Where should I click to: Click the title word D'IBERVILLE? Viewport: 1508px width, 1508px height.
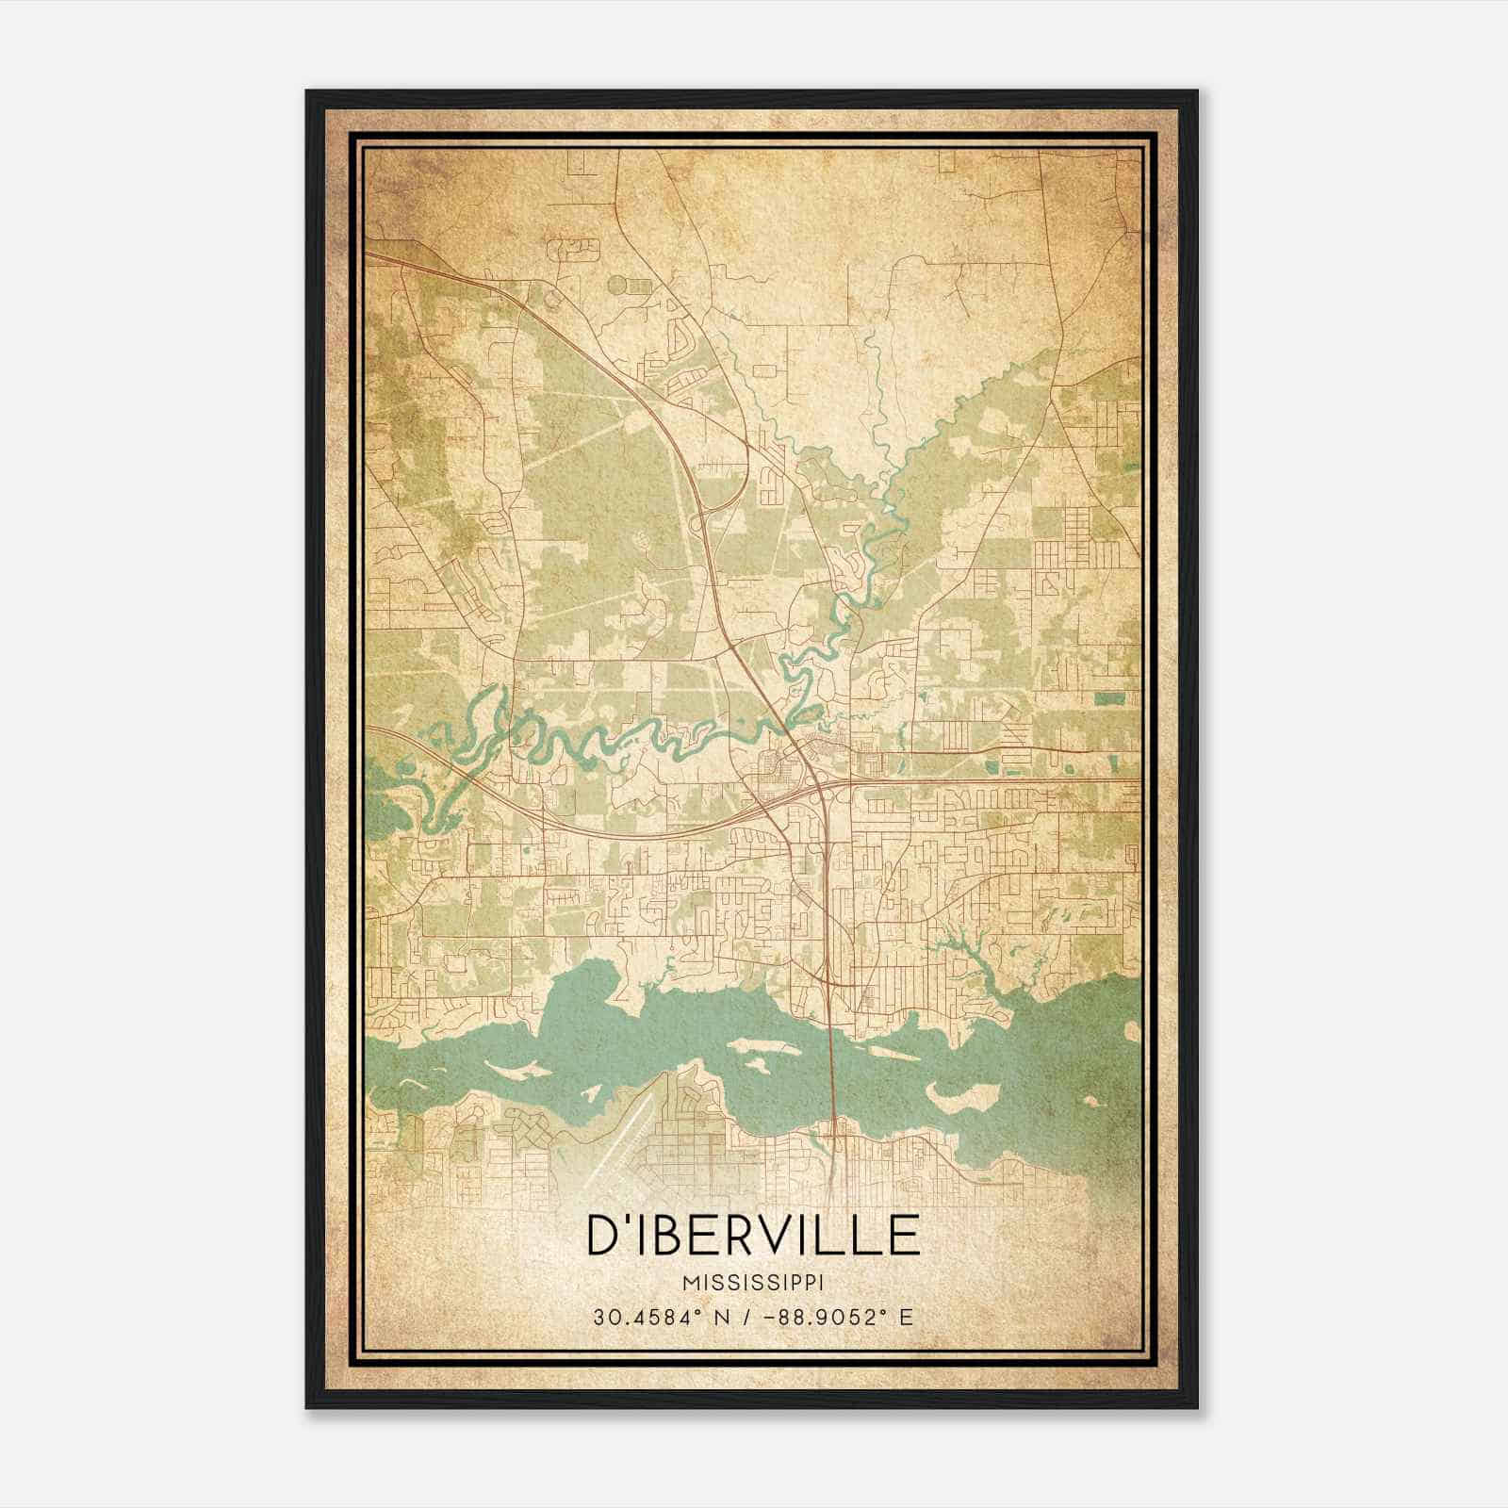753,1235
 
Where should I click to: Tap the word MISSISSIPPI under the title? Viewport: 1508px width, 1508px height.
753,1284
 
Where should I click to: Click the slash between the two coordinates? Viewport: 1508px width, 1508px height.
746,1318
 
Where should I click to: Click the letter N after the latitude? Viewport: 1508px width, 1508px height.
725,1318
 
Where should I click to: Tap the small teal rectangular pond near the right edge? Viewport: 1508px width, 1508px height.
1112,697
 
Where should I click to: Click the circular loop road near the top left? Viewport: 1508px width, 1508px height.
617,282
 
